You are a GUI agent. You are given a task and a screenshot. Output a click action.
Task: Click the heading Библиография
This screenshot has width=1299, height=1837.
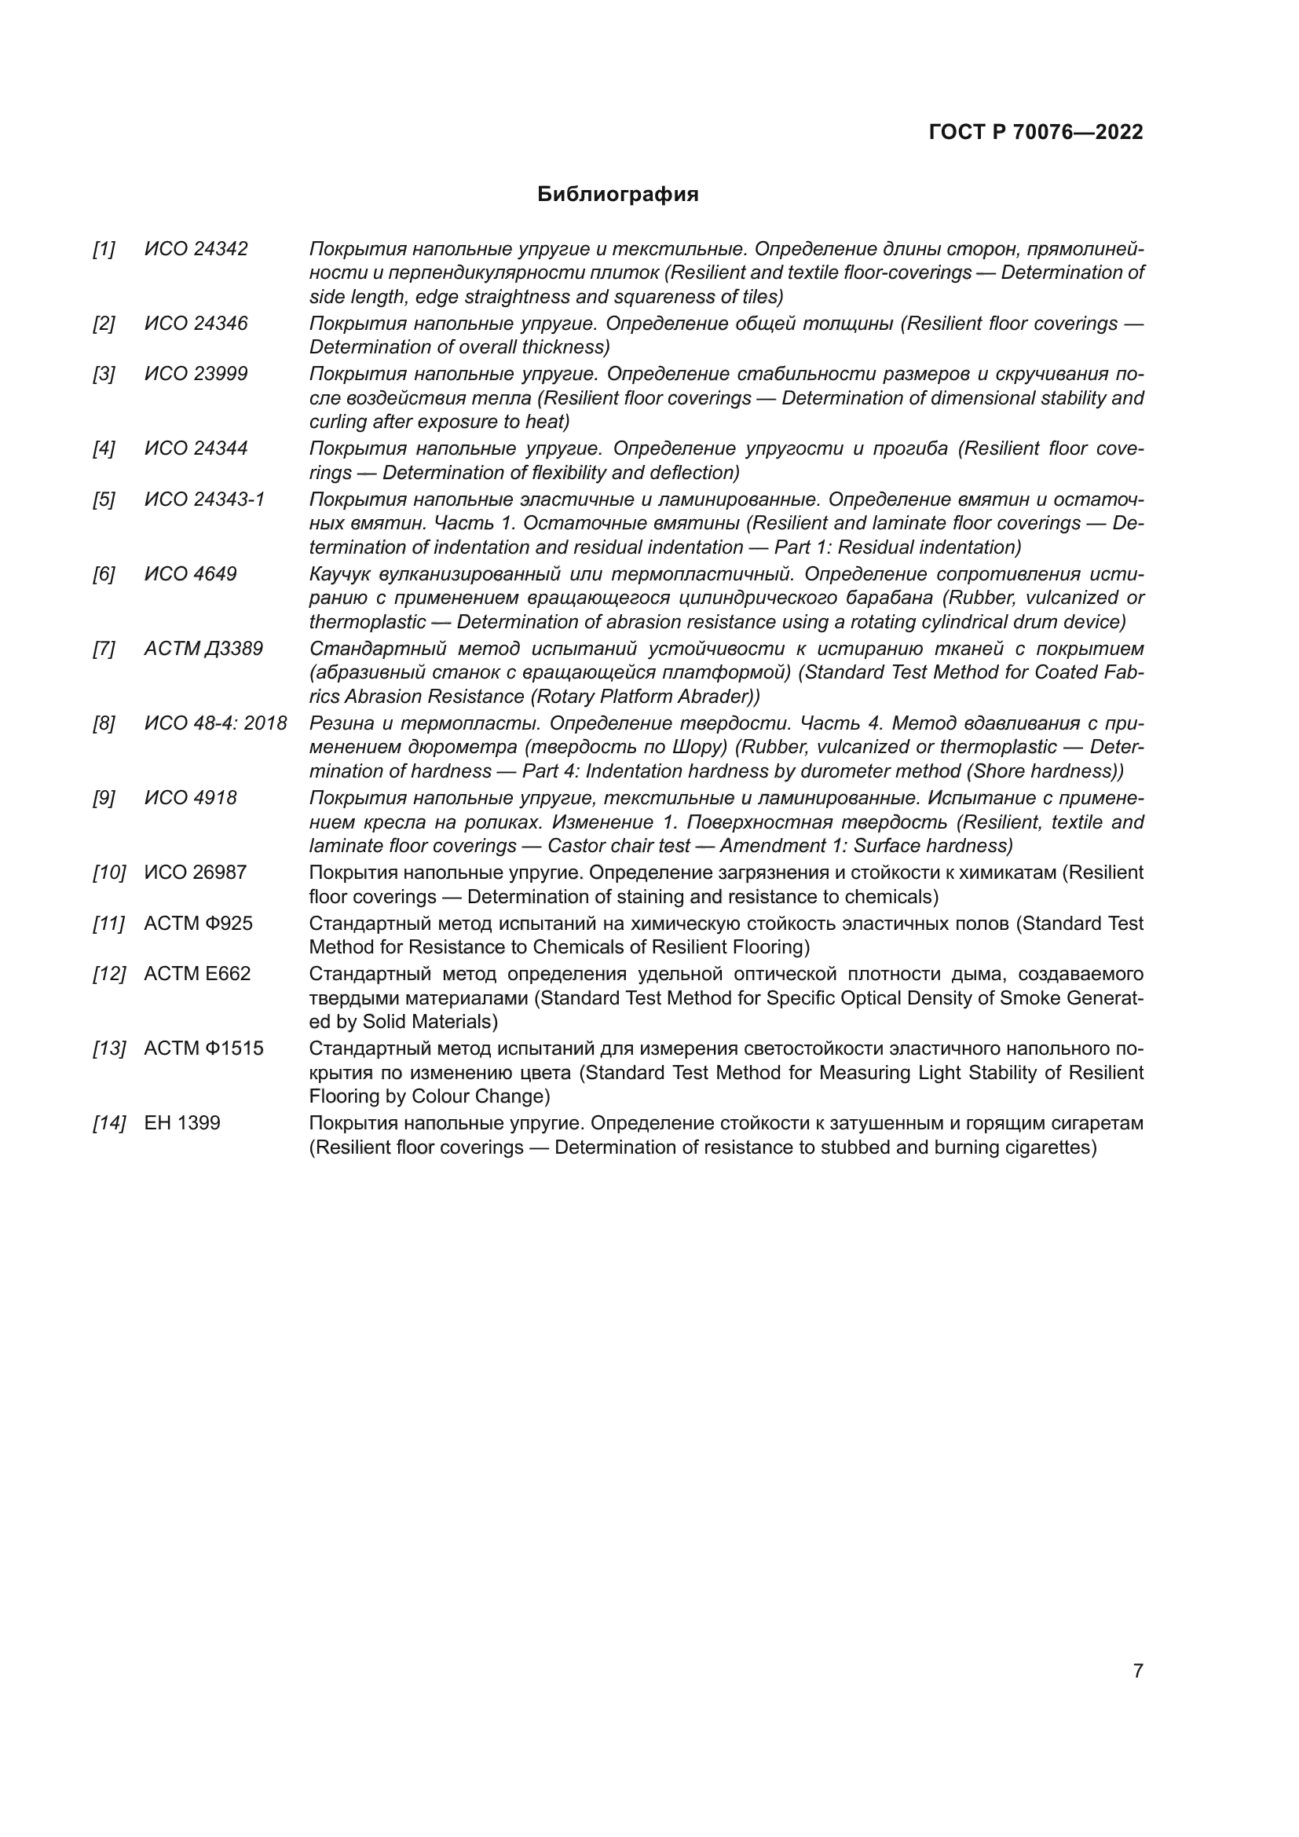(617, 195)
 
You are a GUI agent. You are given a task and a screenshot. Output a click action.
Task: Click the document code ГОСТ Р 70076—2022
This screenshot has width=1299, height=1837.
(1036, 133)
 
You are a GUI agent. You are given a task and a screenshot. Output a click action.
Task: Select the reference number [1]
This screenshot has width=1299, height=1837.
(104, 250)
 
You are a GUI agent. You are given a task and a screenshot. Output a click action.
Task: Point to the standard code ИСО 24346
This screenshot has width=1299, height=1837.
(196, 324)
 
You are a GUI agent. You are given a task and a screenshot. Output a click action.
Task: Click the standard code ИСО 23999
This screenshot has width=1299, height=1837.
(196, 375)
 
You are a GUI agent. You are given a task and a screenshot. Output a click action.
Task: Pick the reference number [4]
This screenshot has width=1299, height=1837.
(104, 449)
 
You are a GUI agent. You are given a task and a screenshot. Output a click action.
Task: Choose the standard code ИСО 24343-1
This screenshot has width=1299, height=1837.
(204, 500)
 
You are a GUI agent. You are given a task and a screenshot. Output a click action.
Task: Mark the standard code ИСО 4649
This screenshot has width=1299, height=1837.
(190, 574)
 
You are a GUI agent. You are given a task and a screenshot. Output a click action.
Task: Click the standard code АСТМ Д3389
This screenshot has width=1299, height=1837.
(203, 649)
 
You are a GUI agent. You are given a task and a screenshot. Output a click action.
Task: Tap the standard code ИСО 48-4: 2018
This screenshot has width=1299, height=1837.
(215, 724)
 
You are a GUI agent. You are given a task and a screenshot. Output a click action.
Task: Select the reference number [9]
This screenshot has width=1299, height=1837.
(104, 799)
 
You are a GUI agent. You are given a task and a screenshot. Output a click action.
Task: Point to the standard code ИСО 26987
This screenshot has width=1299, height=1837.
(196, 873)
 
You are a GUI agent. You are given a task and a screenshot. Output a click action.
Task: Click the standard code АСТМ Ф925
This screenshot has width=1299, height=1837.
(199, 924)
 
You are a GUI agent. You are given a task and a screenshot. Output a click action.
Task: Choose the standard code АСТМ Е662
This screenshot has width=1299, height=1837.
(198, 975)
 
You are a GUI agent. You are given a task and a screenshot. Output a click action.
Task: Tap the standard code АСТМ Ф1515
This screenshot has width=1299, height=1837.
(204, 1049)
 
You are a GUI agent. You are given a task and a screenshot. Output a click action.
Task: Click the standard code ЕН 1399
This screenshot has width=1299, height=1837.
(181, 1123)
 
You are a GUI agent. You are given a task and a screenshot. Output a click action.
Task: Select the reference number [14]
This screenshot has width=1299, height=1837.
(109, 1123)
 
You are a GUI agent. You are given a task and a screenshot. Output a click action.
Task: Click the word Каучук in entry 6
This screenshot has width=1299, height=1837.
(339, 574)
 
